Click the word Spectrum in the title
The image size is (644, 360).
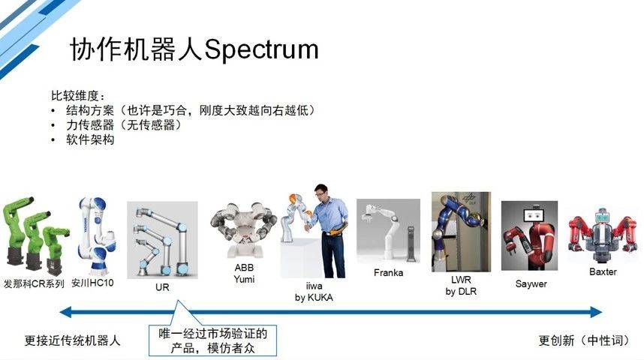tap(261, 49)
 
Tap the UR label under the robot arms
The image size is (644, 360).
tap(162, 287)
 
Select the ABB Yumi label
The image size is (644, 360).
tap(245, 274)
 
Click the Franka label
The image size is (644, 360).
tap(389, 272)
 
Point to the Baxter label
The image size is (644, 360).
tap(603, 271)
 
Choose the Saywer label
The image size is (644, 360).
tap(531, 283)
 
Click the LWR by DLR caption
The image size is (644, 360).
tap(461, 286)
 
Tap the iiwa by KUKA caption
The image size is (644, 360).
tap(314, 292)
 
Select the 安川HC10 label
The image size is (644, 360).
tap(92, 283)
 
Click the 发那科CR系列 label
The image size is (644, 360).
tap(34, 283)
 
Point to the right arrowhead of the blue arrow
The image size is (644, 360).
tap(597, 313)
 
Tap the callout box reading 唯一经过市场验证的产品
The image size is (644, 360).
tap(212, 340)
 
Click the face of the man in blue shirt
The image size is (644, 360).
tap(320, 192)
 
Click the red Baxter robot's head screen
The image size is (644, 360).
tap(603, 215)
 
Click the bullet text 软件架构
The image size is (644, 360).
tap(90, 139)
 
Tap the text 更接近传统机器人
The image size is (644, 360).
tap(72, 340)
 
